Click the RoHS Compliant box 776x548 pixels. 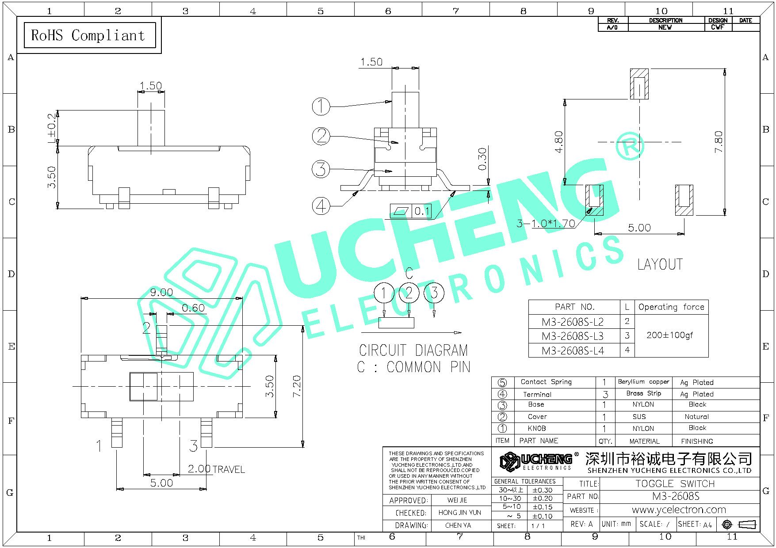coord(90,35)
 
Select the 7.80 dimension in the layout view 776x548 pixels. coord(719,141)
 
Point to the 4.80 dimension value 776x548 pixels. coord(559,141)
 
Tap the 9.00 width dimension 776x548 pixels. coord(161,292)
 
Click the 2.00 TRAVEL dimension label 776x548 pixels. coord(216,469)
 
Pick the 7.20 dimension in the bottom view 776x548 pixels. coord(297,386)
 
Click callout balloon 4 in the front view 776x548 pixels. coord(321,206)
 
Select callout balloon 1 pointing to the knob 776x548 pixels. coord(321,107)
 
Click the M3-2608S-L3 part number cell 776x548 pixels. coord(573,336)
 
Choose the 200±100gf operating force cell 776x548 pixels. coord(670,335)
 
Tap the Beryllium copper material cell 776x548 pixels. coord(643,382)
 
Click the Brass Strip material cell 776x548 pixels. coord(643,393)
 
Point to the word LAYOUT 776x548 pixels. coord(660,264)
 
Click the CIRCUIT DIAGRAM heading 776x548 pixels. coord(413,350)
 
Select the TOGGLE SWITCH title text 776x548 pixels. coord(675,483)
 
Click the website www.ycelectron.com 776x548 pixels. coord(679,510)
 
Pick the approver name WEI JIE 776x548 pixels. coord(457,500)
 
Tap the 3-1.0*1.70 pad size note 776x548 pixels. coord(546,224)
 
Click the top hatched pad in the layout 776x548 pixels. coord(639,84)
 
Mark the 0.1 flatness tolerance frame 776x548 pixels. coord(410,211)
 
